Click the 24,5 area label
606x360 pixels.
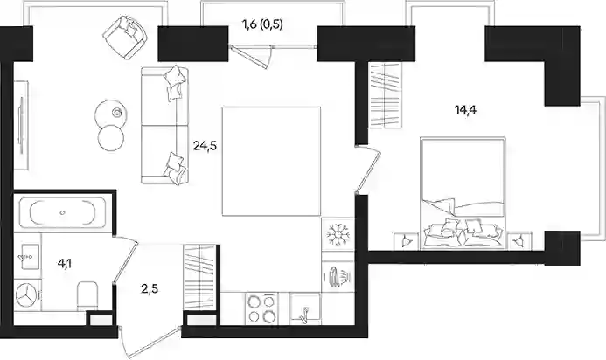point(205,146)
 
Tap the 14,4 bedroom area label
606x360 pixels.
point(466,110)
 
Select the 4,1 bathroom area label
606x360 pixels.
point(65,264)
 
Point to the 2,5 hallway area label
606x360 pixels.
point(150,288)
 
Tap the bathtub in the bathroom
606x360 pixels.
point(62,213)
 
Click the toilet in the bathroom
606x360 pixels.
point(87,295)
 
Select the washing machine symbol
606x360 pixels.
point(27,296)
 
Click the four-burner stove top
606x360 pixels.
point(261,308)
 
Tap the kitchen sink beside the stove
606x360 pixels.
point(304,308)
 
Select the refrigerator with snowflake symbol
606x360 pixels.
point(338,234)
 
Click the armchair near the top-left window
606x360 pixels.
point(126,38)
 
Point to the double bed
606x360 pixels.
point(463,192)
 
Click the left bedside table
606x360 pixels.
point(406,241)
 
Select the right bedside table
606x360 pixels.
point(519,241)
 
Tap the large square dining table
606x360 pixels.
point(271,161)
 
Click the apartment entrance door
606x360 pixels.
point(150,342)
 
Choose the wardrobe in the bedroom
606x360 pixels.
point(385,94)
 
